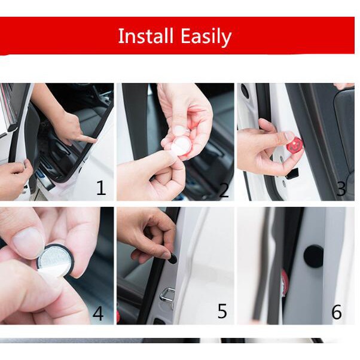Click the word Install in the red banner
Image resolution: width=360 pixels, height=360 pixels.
tap(145, 36)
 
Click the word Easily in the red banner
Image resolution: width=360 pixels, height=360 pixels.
tap(206, 36)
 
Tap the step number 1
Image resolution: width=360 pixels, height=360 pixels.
tap(101, 188)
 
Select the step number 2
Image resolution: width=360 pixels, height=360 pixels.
tap(224, 190)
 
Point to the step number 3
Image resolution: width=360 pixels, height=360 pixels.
tap(341, 188)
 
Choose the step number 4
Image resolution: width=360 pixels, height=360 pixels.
tap(98, 313)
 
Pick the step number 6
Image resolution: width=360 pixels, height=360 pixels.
tap(337, 312)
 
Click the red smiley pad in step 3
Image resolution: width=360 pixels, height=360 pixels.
tap(294, 145)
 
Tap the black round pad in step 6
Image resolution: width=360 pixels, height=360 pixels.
tap(313, 257)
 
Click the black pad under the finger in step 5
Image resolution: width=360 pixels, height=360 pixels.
tap(172, 259)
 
